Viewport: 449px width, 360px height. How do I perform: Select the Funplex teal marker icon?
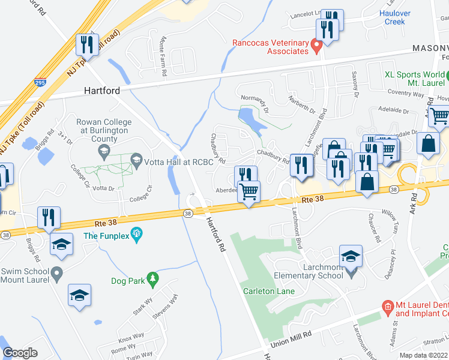(x=137, y=232)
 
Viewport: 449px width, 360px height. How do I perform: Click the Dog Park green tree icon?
(x=153, y=278)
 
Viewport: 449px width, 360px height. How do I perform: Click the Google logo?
(x=20, y=353)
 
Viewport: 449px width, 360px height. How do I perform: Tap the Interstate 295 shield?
(x=40, y=82)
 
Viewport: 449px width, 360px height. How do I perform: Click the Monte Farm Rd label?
(x=163, y=56)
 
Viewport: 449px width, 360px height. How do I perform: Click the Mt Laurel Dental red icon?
(x=388, y=307)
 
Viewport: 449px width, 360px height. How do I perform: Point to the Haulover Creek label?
(x=395, y=17)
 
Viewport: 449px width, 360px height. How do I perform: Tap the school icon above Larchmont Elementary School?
(x=351, y=255)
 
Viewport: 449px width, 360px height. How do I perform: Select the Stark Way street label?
(x=139, y=310)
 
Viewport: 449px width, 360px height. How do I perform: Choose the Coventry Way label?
(x=406, y=92)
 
